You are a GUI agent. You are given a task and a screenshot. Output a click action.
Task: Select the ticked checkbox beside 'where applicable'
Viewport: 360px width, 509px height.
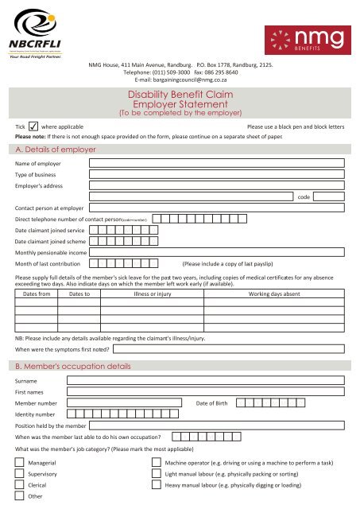pyautogui.click(x=33, y=126)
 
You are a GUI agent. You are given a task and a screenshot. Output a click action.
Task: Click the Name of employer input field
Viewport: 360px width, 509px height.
pyautogui.click(x=216, y=163)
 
